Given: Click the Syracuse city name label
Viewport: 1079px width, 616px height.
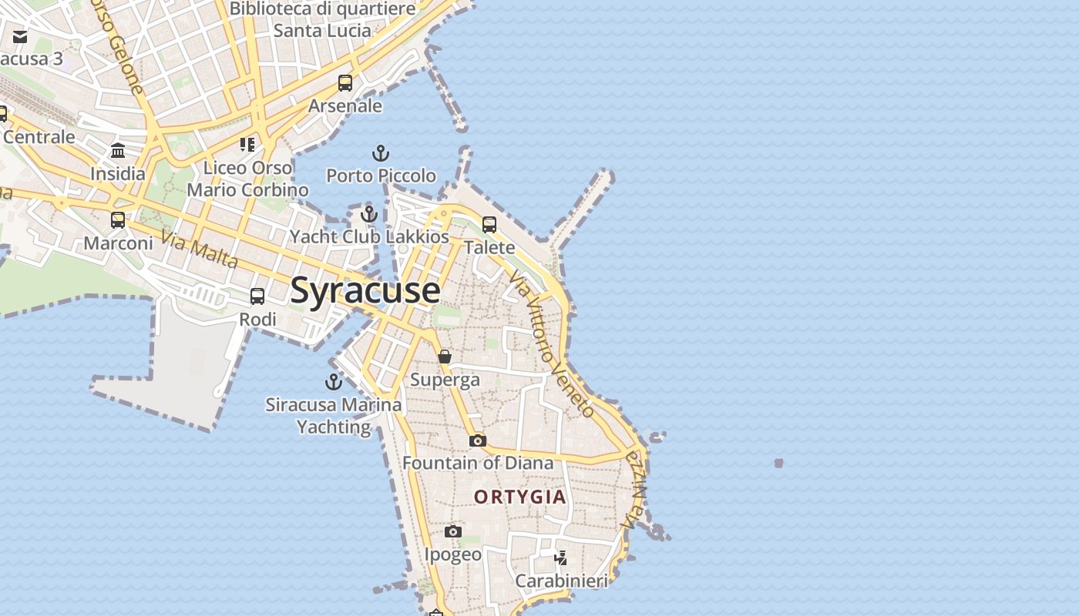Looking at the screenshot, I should click(365, 291).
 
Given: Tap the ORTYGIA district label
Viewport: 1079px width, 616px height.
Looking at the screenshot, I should click(520, 497).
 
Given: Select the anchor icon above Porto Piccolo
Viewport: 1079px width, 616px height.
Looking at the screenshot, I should click(381, 153).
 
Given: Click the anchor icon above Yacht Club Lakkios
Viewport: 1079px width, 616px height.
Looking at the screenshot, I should click(369, 214).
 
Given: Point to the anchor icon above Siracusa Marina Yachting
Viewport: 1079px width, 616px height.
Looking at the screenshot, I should click(334, 382).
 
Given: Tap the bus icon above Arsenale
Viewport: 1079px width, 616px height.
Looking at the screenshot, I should click(345, 83).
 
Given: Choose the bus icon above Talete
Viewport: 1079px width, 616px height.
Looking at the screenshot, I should click(489, 225).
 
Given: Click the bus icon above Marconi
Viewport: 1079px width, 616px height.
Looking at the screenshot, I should click(118, 220).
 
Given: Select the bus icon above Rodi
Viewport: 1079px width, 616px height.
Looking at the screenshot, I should click(257, 296).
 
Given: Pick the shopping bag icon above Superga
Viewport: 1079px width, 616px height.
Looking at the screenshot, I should click(445, 357).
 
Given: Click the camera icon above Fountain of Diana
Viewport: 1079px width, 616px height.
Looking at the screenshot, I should click(478, 440).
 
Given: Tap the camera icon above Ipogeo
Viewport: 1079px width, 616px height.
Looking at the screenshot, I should click(453, 531).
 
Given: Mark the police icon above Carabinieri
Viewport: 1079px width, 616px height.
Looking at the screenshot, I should click(561, 557).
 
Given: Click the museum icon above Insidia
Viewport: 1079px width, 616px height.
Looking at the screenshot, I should click(118, 151).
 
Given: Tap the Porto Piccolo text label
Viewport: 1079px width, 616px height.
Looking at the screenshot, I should click(381, 176).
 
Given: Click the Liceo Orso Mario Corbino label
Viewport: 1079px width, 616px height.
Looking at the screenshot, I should click(247, 179).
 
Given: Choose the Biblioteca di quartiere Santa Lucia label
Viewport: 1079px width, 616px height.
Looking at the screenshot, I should click(322, 20).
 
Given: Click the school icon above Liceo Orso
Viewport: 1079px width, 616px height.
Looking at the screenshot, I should click(247, 145).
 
